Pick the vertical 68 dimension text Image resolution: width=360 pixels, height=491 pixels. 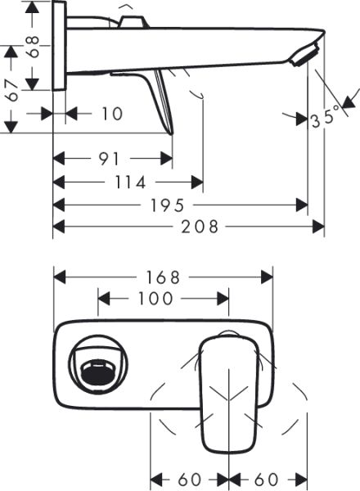point(32,46)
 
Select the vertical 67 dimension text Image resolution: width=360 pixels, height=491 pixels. point(10,87)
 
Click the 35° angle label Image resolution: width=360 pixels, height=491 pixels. point(324,119)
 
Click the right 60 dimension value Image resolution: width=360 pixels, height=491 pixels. point(268,478)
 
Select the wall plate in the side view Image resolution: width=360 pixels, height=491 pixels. point(58,46)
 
